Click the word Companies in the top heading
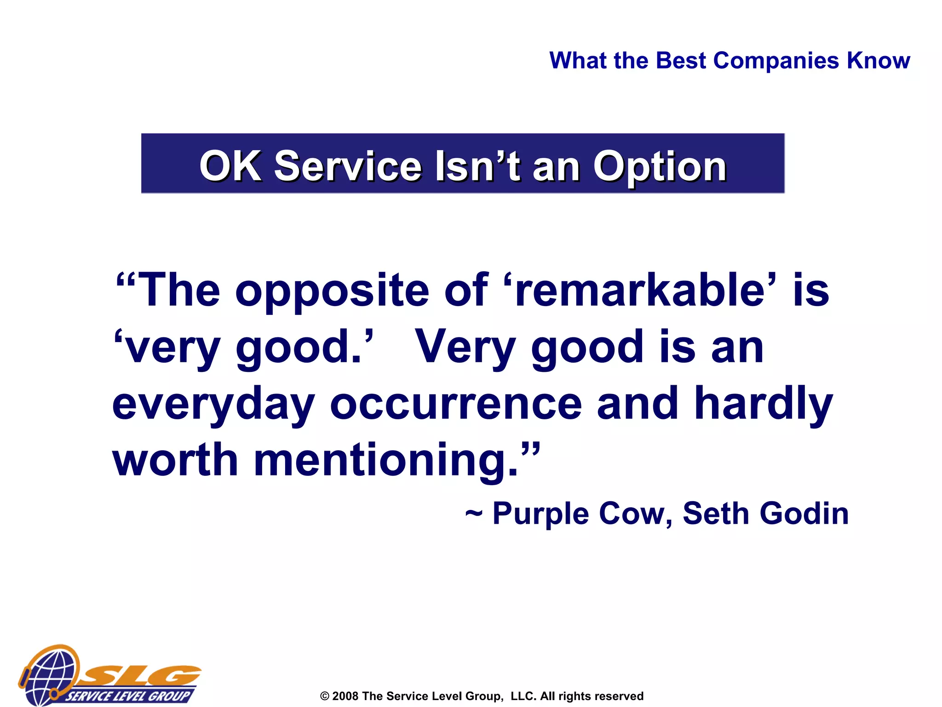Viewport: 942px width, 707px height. pos(776,61)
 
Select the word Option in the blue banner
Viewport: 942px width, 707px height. pos(660,167)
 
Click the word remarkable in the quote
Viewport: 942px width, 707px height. pos(639,290)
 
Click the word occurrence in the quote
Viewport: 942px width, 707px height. pos(456,403)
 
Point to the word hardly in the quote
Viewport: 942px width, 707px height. pos(763,403)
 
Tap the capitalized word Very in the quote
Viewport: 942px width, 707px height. pos(465,347)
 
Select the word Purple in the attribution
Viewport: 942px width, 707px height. pos(540,514)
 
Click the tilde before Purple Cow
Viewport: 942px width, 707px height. pos(473,513)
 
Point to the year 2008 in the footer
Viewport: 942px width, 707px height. pos(345,696)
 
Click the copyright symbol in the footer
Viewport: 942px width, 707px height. pos(325,696)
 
